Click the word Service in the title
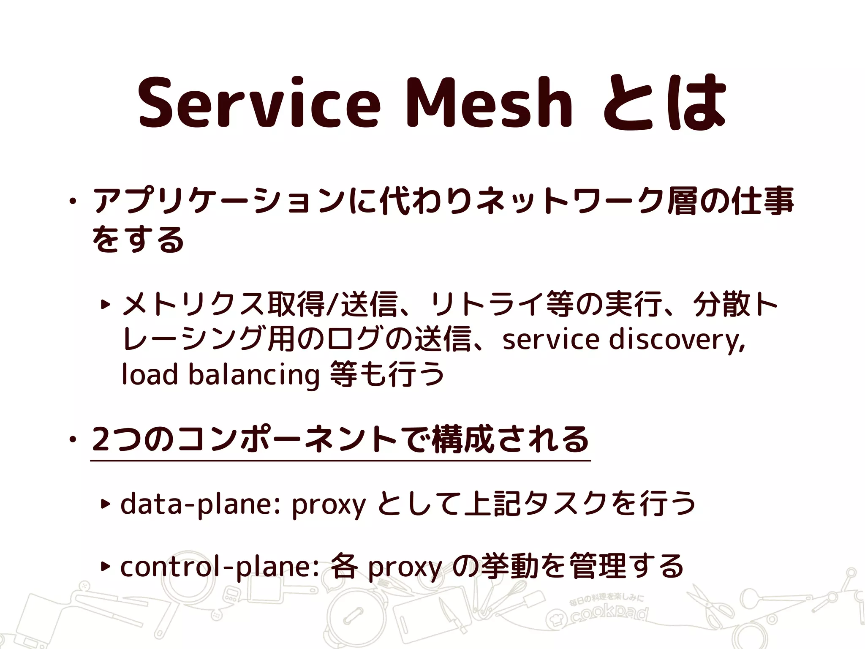click(x=258, y=103)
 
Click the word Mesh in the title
click(x=489, y=103)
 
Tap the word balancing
click(x=253, y=375)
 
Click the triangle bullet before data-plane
click(x=105, y=504)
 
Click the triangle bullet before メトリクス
click(x=105, y=304)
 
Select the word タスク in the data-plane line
click(x=566, y=504)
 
